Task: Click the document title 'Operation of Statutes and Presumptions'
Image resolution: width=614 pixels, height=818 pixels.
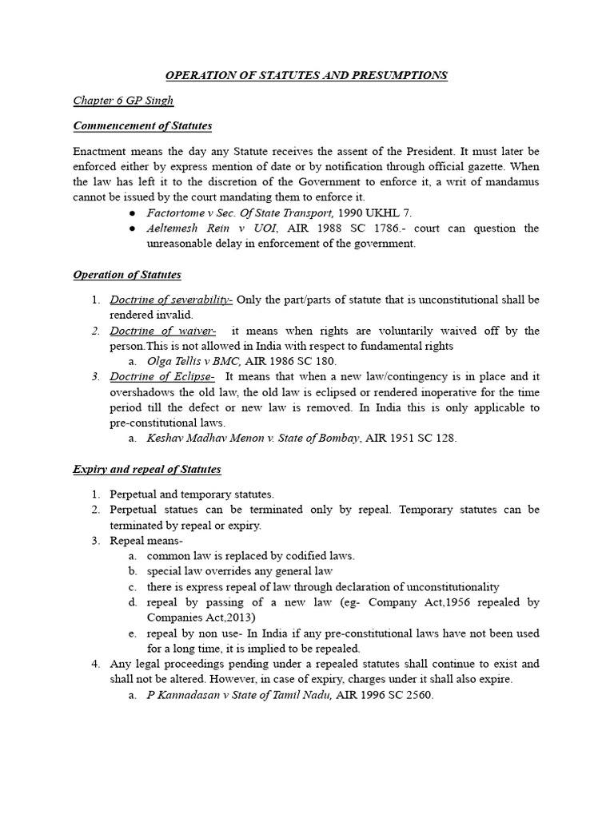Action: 306,76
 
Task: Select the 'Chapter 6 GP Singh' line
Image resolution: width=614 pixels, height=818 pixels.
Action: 123,101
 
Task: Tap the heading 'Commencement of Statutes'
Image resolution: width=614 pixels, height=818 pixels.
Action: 142,126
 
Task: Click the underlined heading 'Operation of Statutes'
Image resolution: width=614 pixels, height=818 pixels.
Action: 127,275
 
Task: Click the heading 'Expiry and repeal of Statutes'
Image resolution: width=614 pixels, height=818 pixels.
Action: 147,469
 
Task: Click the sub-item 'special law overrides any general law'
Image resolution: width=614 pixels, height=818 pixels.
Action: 240,571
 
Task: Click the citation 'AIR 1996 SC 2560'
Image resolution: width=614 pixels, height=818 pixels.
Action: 389,695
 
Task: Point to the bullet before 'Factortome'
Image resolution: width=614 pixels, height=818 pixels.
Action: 131,214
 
